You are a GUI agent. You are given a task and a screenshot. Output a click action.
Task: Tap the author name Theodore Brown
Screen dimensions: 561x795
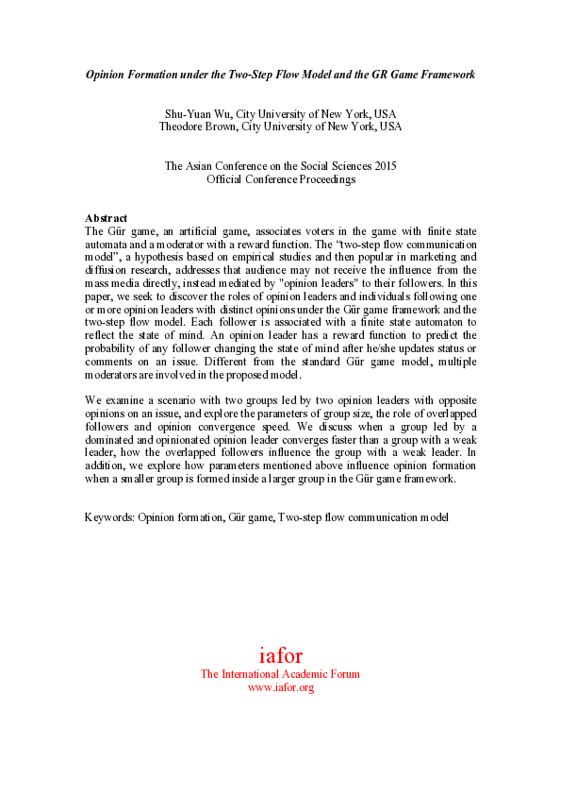[x=197, y=126]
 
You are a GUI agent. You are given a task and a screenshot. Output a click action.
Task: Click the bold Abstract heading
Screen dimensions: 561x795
[x=106, y=218]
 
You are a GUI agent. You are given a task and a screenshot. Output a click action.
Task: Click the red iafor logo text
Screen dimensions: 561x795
[x=280, y=655]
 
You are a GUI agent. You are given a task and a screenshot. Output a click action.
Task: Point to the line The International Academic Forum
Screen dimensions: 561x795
[x=280, y=674]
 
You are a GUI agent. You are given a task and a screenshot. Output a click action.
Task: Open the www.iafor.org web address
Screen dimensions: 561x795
[x=280, y=687]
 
